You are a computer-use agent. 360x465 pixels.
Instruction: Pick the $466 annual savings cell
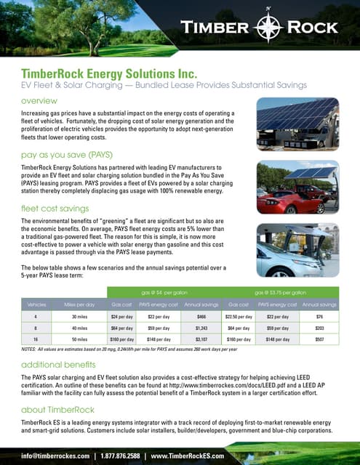point(203,317)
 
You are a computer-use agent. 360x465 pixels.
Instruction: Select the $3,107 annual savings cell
point(203,338)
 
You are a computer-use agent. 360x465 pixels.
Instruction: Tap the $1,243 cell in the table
point(203,328)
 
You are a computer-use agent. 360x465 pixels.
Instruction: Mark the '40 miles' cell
point(75,328)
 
